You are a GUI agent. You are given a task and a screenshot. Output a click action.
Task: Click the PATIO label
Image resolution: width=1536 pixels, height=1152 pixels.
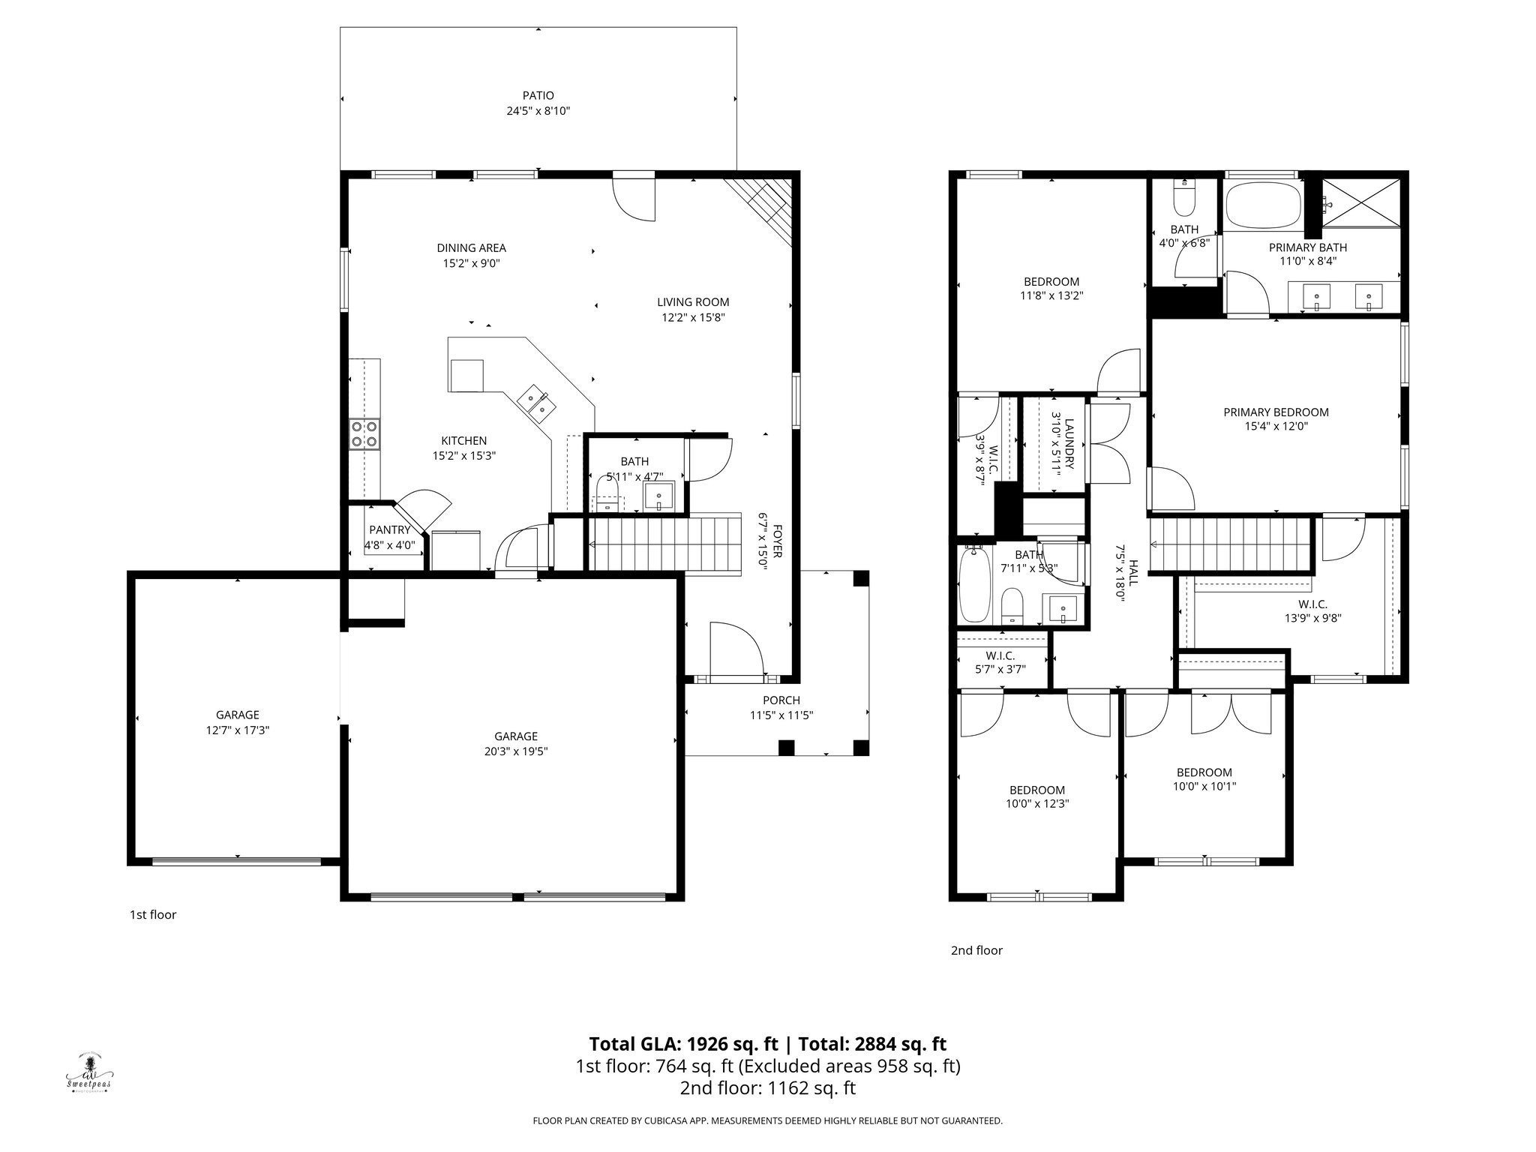tap(538, 96)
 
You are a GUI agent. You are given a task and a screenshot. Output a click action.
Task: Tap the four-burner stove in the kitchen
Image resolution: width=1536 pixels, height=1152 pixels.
tap(364, 434)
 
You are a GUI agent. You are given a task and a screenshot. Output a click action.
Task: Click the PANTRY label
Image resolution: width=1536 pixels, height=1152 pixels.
tap(389, 530)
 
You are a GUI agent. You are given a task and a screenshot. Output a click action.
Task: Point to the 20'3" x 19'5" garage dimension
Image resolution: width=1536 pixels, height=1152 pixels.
tap(515, 751)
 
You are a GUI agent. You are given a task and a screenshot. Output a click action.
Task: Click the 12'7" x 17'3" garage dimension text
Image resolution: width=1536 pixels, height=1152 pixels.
tap(237, 730)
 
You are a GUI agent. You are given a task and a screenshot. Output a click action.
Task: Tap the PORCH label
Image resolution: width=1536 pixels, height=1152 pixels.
tap(781, 700)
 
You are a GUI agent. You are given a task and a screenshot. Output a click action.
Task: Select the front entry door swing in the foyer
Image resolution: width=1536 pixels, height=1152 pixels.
tap(736, 648)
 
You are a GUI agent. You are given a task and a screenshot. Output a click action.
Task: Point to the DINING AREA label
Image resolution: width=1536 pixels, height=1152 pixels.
tap(471, 248)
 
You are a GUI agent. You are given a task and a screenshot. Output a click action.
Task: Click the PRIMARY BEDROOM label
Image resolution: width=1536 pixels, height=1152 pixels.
tap(1276, 412)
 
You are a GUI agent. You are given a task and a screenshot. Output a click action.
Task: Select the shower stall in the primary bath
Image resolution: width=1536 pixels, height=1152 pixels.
tap(1360, 202)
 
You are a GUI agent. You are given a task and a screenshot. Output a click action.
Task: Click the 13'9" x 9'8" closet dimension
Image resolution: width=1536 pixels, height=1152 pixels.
tap(1312, 619)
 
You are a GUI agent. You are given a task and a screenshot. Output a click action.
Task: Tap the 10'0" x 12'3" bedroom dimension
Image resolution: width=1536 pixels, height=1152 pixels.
tap(1037, 803)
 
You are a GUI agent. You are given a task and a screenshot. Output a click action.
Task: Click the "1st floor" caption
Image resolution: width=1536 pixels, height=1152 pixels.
tap(153, 915)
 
